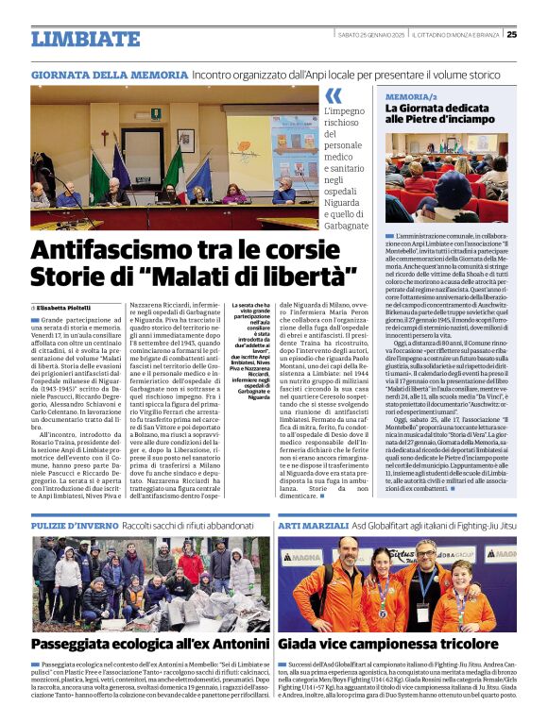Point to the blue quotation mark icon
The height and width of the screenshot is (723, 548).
click(333, 96)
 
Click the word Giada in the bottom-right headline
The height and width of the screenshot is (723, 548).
click(303, 644)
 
